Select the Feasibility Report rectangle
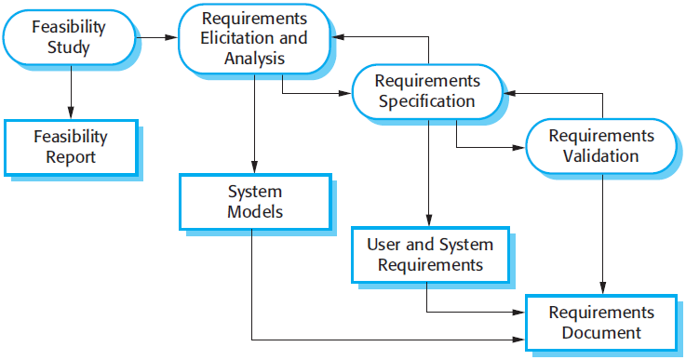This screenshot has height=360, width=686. coord(71,147)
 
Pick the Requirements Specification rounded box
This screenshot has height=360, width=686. coord(427,91)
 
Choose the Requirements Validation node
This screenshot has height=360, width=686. coord(601,145)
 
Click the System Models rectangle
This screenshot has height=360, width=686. coord(254,202)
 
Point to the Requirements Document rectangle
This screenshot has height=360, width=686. coord(601,323)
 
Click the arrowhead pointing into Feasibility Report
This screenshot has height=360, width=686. coord(71,113)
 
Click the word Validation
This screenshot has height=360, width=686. coord(601,155)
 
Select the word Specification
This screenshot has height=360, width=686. coord(427,101)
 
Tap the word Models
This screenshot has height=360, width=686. coord(254,212)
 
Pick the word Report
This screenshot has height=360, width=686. coord(71,157)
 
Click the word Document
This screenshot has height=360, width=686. coord(601,333)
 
